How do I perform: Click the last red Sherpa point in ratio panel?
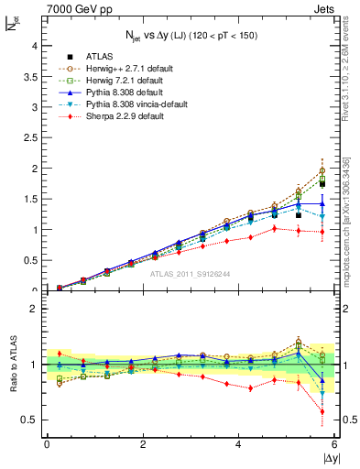[x=322, y=411]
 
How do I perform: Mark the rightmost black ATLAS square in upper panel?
[x=322, y=183]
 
